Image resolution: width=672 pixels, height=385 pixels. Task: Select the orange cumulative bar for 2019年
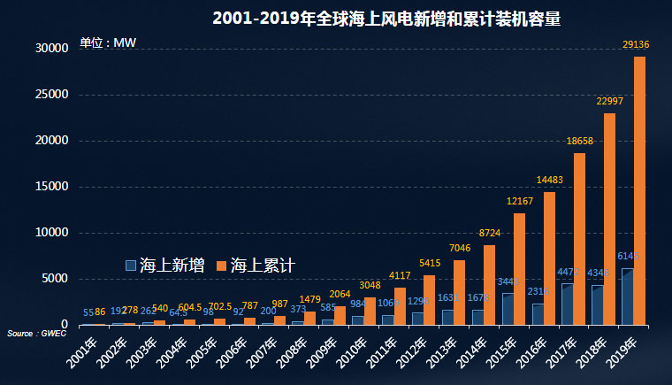point(639,190)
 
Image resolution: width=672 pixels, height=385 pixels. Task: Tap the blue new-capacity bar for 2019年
point(627,296)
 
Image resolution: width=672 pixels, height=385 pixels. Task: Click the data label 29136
point(636,43)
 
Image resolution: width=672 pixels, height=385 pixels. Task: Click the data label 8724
point(489,232)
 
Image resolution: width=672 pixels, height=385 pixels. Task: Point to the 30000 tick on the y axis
point(52,49)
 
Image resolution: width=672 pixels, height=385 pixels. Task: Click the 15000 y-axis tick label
point(52,187)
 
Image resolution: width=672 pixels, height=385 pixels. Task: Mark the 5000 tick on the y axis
point(55,279)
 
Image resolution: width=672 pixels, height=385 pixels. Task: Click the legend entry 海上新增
point(165,265)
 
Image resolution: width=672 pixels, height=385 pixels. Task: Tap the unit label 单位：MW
point(107,42)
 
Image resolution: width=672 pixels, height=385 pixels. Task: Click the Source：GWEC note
point(27,333)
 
